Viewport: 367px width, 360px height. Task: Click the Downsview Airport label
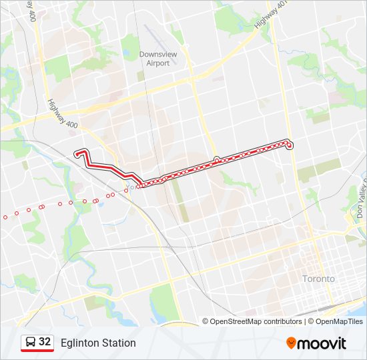click(154, 59)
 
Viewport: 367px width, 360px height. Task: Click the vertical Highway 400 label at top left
click(31, 11)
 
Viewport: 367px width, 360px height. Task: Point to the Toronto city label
click(318, 279)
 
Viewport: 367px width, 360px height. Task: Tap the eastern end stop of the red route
click(290, 145)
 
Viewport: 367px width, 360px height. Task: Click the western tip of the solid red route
click(78, 153)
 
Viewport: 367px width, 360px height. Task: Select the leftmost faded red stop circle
click(6, 216)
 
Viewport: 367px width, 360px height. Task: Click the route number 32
click(45, 342)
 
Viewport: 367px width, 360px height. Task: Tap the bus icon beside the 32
click(31, 342)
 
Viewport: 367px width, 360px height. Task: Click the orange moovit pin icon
click(291, 343)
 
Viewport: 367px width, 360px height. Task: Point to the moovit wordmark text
click(322, 343)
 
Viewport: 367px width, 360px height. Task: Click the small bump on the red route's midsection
click(216, 159)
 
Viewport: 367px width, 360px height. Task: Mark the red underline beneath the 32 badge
click(37, 351)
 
